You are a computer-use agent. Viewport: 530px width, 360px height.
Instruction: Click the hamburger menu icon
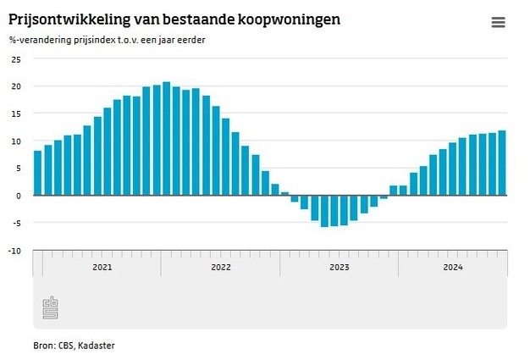(x=498, y=23)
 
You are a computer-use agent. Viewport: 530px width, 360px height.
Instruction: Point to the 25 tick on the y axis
(x=15, y=59)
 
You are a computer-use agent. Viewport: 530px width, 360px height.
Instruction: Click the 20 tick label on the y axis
(x=15, y=86)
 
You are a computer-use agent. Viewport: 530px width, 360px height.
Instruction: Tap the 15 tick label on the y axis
(x=15, y=114)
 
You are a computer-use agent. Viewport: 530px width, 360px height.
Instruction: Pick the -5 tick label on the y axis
(x=15, y=223)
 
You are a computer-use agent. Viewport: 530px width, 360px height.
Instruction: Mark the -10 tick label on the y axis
(x=14, y=250)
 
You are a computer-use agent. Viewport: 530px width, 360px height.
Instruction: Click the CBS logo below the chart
(x=51, y=307)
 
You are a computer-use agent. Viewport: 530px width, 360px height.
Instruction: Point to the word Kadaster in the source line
(x=97, y=345)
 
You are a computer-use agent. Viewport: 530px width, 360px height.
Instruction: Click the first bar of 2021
(x=37, y=173)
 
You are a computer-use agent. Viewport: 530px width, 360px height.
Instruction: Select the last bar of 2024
(x=502, y=163)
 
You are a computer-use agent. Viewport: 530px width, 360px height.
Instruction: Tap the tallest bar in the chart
(x=166, y=138)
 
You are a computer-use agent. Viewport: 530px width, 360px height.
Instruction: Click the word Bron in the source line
(x=20, y=345)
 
